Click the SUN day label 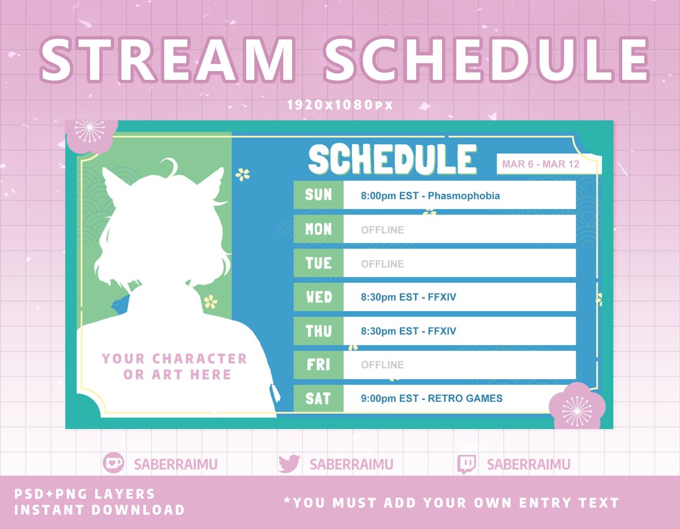point(318,195)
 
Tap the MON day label point(318,229)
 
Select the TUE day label point(318,263)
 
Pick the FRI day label point(318,365)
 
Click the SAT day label point(318,398)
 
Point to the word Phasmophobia point(463,196)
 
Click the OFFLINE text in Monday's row point(382,230)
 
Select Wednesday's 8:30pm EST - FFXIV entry point(409,297)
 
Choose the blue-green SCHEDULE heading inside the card point(392,159)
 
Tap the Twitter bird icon point(289,464)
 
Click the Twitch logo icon point(467,464)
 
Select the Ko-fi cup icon point(113,464)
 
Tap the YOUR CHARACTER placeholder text point(174,359)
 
